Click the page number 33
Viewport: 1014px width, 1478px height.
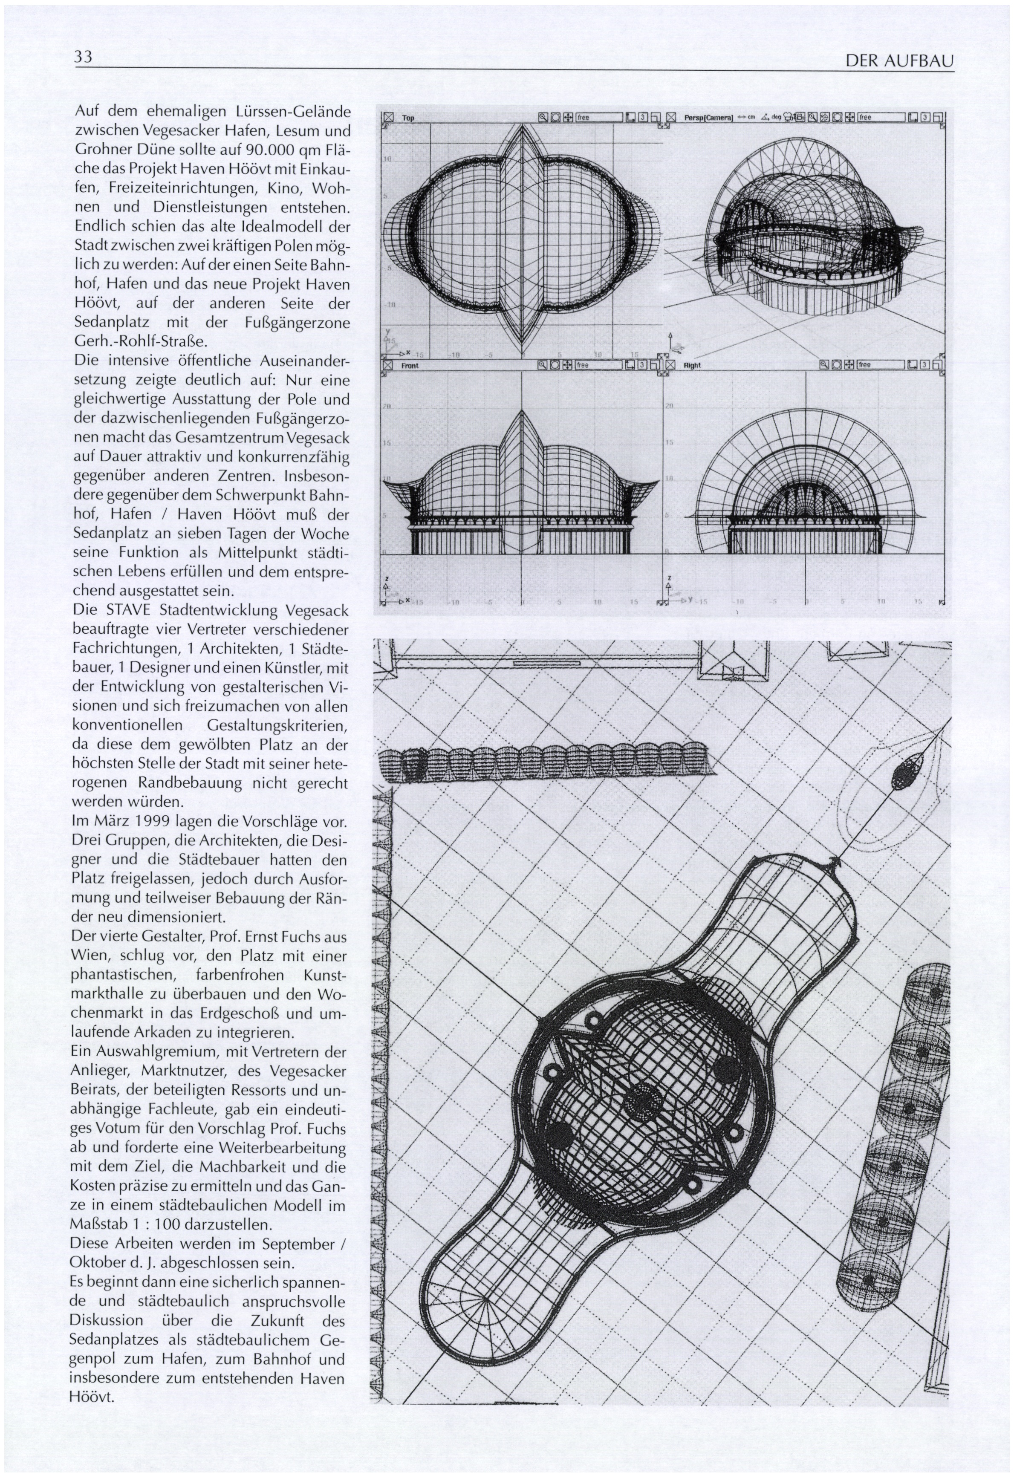click(84, 57)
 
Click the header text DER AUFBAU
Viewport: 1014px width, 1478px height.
click(899, 61)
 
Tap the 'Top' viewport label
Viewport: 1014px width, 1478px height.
click(408, 118)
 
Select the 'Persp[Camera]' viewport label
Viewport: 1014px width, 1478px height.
click(708, 118)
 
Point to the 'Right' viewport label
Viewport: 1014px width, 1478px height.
click(692, 366)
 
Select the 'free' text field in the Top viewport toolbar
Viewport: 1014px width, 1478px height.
click(598, 118)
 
